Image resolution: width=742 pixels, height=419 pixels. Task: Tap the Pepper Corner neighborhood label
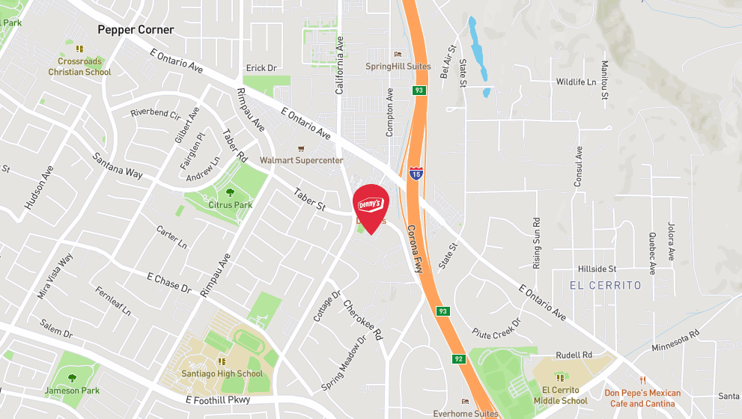click(x=136, y=30)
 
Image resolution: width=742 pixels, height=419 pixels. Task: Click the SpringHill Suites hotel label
click(x=398, y=66)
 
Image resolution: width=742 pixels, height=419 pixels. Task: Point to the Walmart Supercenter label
click(x=301, y=160)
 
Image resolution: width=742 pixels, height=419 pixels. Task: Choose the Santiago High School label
click(x=222, y=373)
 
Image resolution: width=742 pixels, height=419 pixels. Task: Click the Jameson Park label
click(x=72, y=389)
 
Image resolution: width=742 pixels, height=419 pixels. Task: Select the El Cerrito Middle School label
click(x=560, y=395)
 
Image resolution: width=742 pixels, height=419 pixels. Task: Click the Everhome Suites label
click(x=466, y=413)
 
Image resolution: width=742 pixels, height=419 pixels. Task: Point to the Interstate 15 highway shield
click(x=416, y=174)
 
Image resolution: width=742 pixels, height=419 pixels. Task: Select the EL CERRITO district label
click(x=606, y=285)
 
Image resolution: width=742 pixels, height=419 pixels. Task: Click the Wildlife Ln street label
click(x=576, y=82)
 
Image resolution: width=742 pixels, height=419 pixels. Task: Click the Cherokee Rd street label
click(x=363, y=319)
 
